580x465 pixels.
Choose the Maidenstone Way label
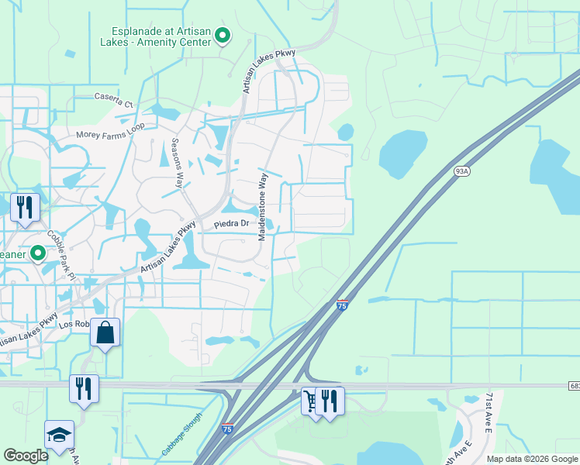point(263,205)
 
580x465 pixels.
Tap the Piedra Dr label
point(232,224)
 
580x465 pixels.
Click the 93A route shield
point(462,171)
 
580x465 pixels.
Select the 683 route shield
point(573,385)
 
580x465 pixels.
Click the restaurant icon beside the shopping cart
point(330,401)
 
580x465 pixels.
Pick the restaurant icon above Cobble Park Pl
point(25,208)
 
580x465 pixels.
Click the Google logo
point(26,456)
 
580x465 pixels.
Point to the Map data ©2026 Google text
point(531,459)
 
